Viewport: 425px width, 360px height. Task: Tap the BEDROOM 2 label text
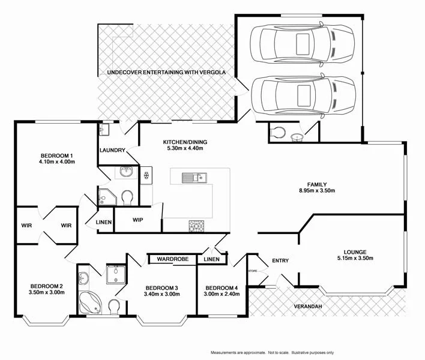pos(47,286)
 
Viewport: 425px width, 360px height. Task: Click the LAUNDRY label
pos(112,151)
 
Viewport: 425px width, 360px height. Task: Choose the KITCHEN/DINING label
pos(185,142)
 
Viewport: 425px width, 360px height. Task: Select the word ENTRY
pos(280,260)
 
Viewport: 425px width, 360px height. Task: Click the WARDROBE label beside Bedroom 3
pos(173,259)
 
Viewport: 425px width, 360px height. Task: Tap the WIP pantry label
pos(137,220)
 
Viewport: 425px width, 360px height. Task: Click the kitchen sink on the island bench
pos(194,177)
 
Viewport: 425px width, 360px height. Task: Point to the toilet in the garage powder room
pos(277,132)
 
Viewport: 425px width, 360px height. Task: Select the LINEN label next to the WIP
pos(104,223)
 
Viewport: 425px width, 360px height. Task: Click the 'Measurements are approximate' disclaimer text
pos(271,352)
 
